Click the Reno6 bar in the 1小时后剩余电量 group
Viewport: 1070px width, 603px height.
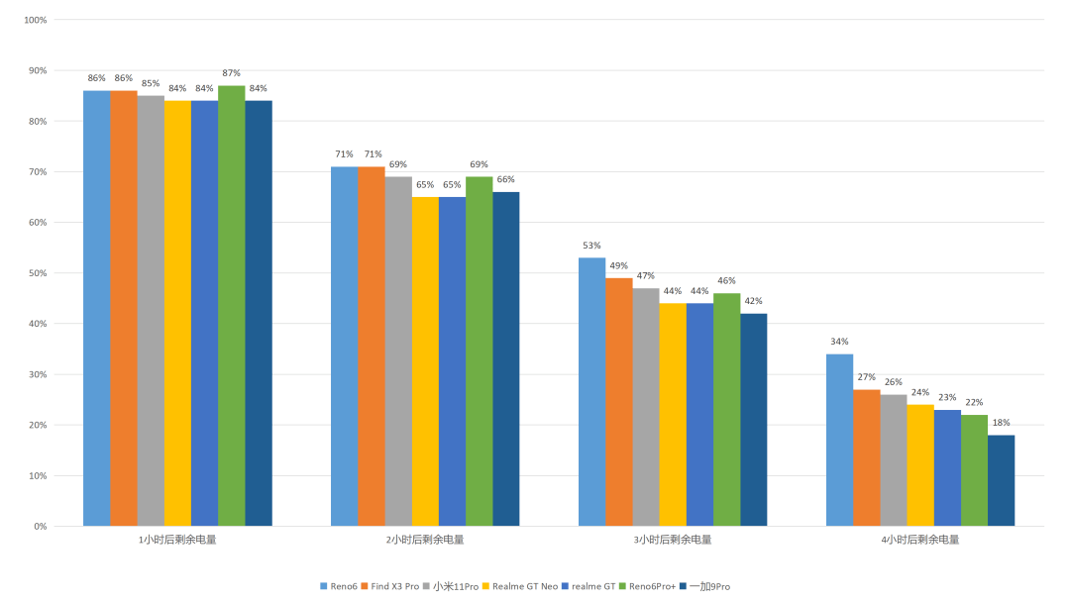point(96,308)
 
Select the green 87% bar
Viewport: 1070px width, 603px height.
point(232,306)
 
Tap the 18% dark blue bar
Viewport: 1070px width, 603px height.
point(1001,480)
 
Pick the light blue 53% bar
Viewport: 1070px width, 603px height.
point(591,391)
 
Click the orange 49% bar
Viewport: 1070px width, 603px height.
point(619,402)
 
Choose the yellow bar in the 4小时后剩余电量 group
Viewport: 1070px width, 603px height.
point(920,465)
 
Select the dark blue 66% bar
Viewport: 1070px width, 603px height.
point(505,358)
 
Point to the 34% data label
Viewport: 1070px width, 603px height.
point(839,342)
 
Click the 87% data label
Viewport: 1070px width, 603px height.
point(232,73)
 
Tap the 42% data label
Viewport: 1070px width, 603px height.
point(753,301)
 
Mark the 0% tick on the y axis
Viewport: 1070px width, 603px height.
point(39,527)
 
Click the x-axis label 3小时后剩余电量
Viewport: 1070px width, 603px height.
point(673,540)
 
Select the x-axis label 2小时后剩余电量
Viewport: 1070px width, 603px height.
point(425,540)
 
